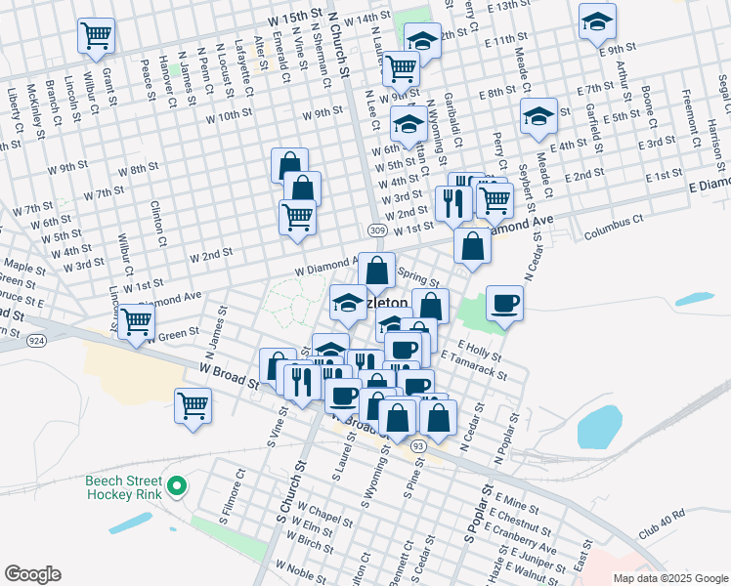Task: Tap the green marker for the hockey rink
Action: coord(177,485)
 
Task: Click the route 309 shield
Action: coord(377,230)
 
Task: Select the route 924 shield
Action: coord(37,341)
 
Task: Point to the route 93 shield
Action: coord(418,446)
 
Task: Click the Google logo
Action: coord(32,574)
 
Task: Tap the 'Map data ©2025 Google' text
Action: coord(669,578)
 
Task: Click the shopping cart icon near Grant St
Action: coord(97,37)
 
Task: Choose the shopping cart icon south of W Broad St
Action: coord(193,405)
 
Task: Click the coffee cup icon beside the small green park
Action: coord(505,303)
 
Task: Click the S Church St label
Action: coord(286,513)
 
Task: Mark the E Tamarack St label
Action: coord(474,367)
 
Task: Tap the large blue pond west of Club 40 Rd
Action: coord(599,427)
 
